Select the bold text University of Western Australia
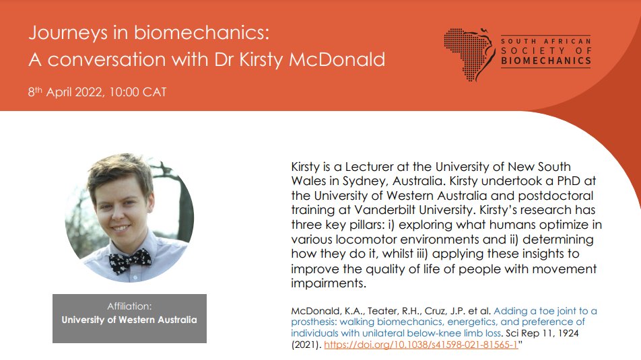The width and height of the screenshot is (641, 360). pyautogui.click(x=129, y=320)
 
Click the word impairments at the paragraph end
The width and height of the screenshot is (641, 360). pyautogui.click(x=328, y=284)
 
